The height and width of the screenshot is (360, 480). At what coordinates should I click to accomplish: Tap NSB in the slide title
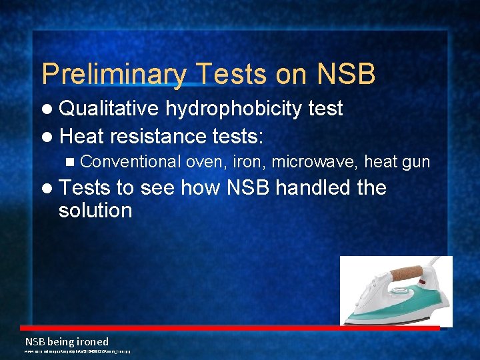[346, 74]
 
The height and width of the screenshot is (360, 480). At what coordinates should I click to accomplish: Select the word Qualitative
[109, 109]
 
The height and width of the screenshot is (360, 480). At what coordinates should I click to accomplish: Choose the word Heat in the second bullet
[81, 136]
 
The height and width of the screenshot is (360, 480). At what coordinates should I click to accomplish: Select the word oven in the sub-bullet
[203, 161]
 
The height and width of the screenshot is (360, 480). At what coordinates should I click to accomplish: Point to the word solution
[95, 211]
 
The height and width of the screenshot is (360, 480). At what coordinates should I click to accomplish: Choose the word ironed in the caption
[90, 341]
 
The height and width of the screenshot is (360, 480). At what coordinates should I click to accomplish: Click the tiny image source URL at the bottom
[77, 351]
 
